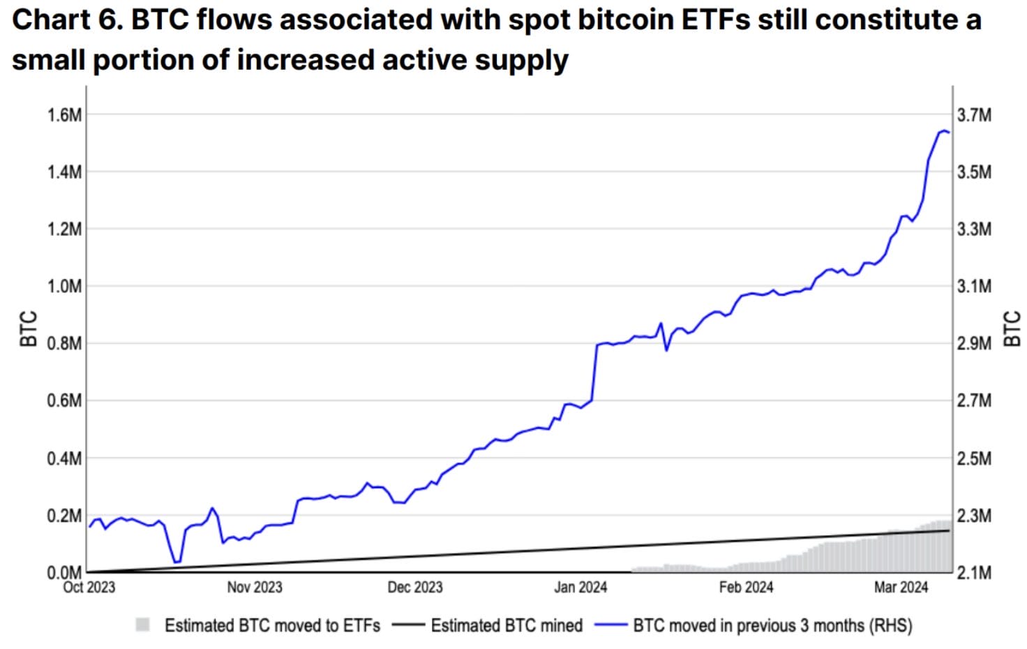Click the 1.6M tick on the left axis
[64, 114]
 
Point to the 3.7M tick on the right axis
[974, 114]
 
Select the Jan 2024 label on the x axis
[580, 587]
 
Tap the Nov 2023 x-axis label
[255, 587]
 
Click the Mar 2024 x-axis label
[901, 587]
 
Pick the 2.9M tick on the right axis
[974, 343]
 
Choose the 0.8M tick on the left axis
[64, 343]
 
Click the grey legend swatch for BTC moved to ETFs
[143, 625]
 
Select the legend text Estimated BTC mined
[507, 625]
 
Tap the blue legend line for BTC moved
[610, 625]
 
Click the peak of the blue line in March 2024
[943, 130]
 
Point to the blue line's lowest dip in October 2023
[177, 562]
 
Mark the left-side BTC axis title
[28, 329]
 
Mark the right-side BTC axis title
[1012, 329]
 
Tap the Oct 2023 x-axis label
[89, 587]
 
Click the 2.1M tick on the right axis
[974, 573]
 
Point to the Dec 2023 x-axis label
[415, 587]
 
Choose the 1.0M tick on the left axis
[64, 286]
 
